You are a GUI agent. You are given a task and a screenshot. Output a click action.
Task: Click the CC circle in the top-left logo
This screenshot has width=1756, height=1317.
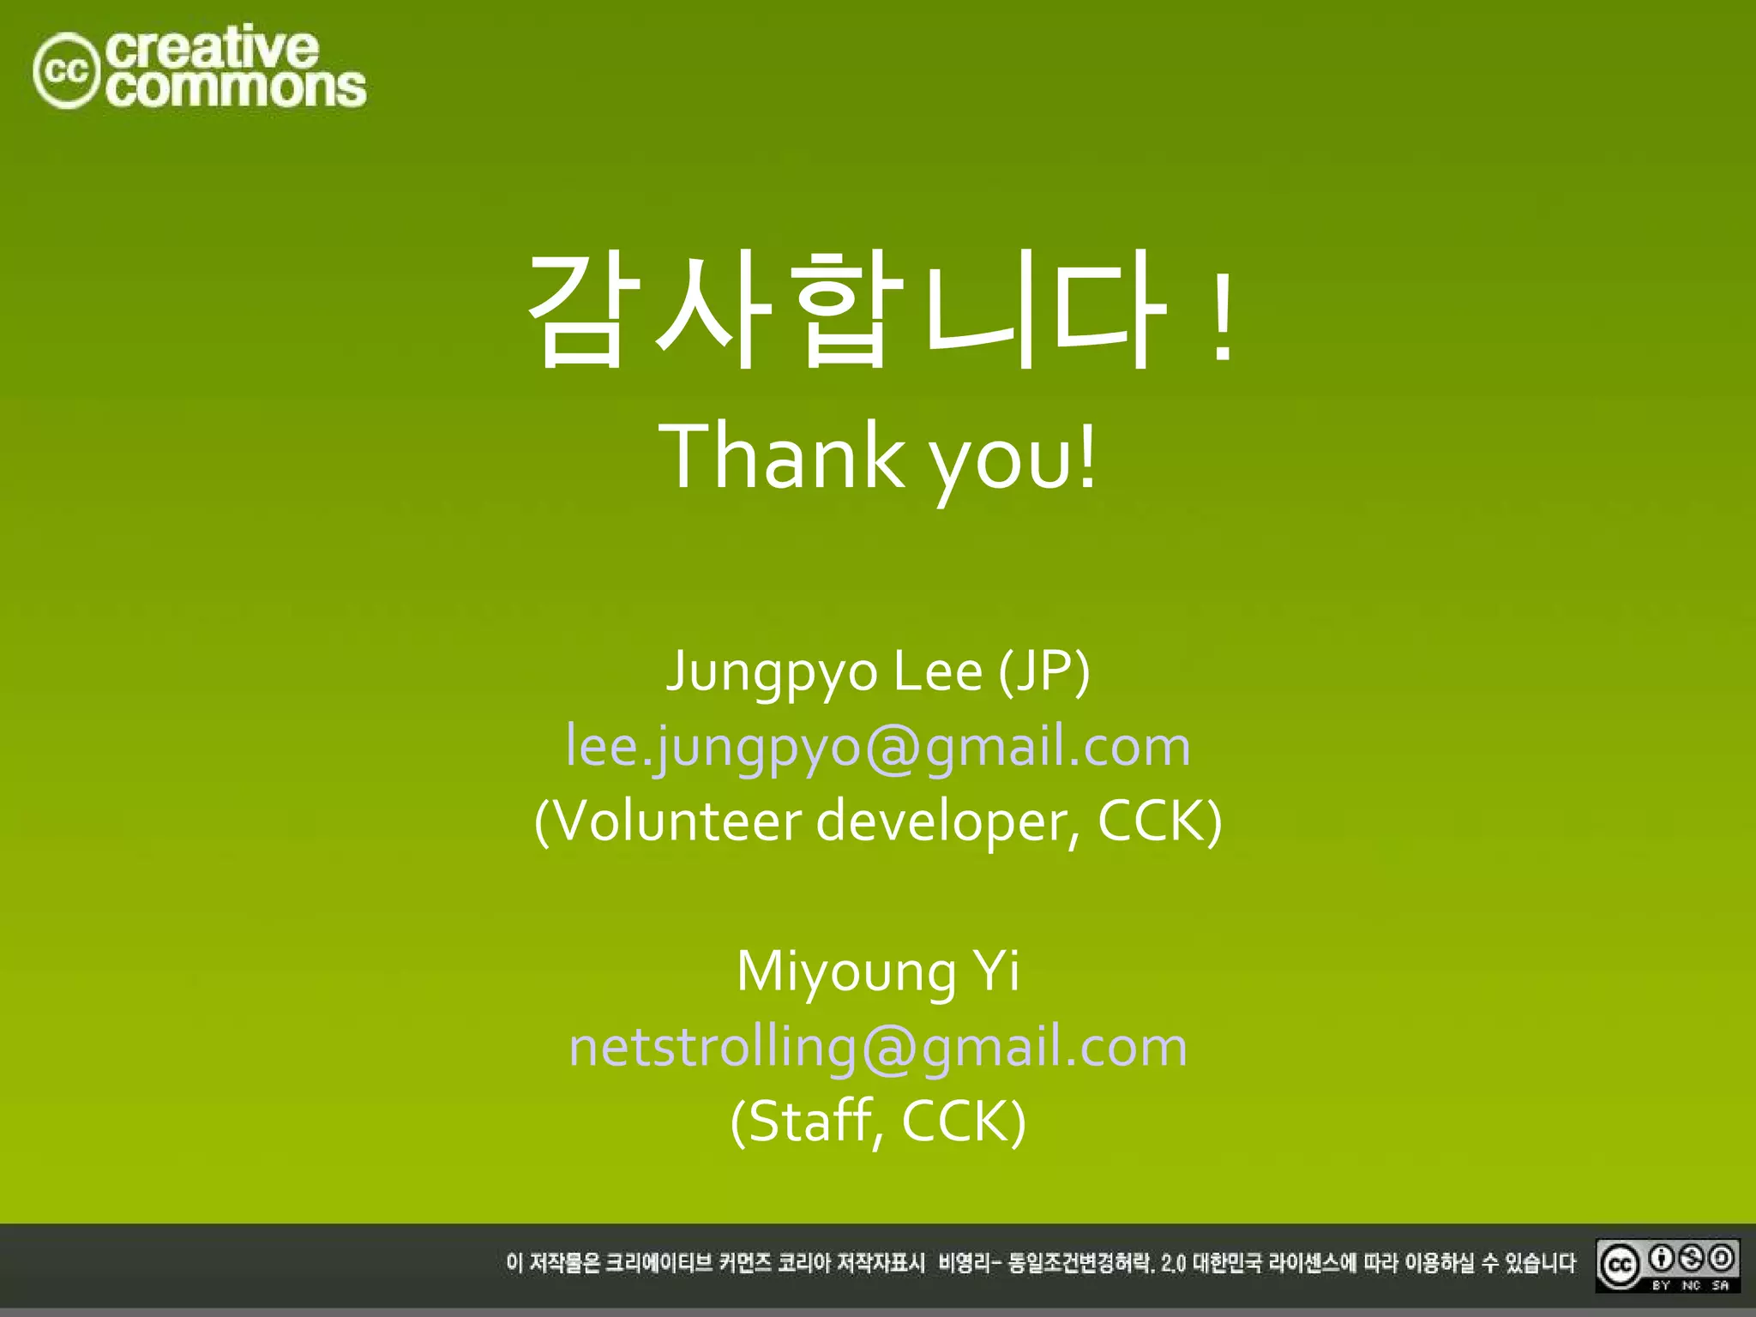pyautogui.click(x=67, y=71)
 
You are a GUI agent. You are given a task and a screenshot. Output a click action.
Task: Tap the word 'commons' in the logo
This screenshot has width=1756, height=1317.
pyautogui.click(x=237, y=88)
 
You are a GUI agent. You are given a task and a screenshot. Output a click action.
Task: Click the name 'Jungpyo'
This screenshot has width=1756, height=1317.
pyautogui.click(x=773, y=671)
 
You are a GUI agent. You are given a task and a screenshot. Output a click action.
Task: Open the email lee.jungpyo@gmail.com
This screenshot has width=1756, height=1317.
pyautogui.click(x=878, y=746)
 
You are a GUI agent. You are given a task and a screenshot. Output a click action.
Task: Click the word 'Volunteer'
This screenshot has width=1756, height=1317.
pyautogui.click(x=668, y=821)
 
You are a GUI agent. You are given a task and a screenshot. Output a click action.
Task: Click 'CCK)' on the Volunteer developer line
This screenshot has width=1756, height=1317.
pyautogui.click(x=1159, y=821)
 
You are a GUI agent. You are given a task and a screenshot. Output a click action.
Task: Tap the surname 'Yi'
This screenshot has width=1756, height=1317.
pyautogui.click(x=995, y=971)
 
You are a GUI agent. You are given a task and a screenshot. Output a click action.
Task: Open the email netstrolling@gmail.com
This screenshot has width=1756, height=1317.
pyautogui.click(x=878, y=1047)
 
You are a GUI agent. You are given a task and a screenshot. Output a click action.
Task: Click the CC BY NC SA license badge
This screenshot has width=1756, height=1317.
pyautogui.click(x=1667, y=1265)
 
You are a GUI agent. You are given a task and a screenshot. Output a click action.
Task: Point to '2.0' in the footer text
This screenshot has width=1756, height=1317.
pyautogui.click(x=1173, y=1264)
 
